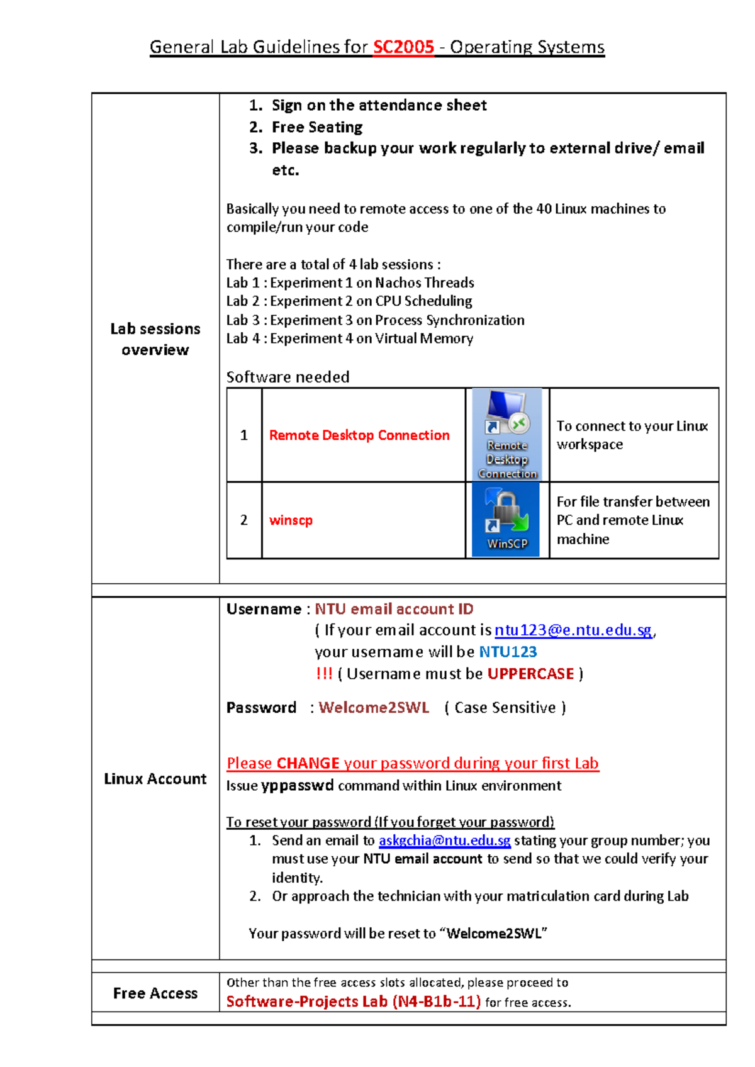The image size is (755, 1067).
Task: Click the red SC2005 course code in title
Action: click(403, 47)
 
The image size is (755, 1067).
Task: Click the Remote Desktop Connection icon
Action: click(507, 434)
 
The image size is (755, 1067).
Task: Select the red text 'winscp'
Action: click(291, 520)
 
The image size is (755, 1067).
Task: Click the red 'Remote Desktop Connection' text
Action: click(359, 435)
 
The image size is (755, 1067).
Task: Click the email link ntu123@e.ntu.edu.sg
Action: click(573, 630)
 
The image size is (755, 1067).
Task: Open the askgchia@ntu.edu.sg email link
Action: click(444, 841)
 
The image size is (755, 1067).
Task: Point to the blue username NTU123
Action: click(508, 652)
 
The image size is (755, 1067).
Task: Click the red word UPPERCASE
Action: click(530, 674)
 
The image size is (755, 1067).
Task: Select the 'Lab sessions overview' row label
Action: click(155, 339)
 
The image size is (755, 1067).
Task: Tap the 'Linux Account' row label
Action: click(155, 779)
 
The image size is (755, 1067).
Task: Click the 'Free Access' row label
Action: click(155, 993)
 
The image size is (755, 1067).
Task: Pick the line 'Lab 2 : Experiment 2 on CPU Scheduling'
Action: click(349, 301)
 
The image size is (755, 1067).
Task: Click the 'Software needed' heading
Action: click(288, 377)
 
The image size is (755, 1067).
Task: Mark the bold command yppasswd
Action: click(297, 786)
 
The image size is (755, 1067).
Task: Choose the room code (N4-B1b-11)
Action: click(437, 1002)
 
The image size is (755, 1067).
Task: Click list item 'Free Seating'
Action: click(317, 127)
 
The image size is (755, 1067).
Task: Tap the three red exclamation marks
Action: click(323, 674)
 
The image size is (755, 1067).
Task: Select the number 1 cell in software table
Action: click(244, 435)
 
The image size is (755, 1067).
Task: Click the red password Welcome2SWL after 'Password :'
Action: click(374, 708)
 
